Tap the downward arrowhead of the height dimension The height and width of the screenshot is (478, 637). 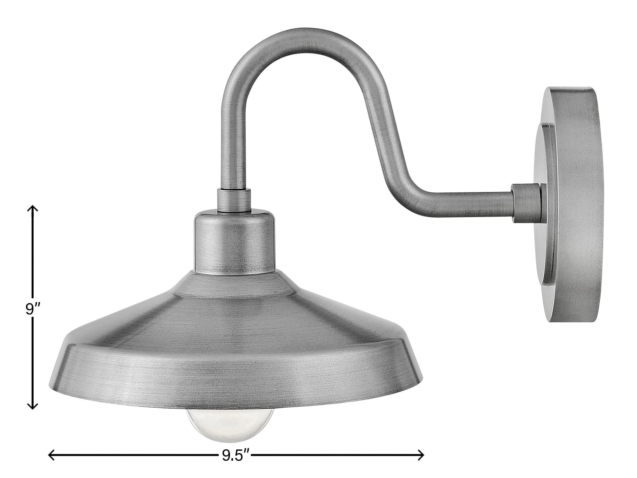33,407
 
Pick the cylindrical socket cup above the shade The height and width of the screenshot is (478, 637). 234,243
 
